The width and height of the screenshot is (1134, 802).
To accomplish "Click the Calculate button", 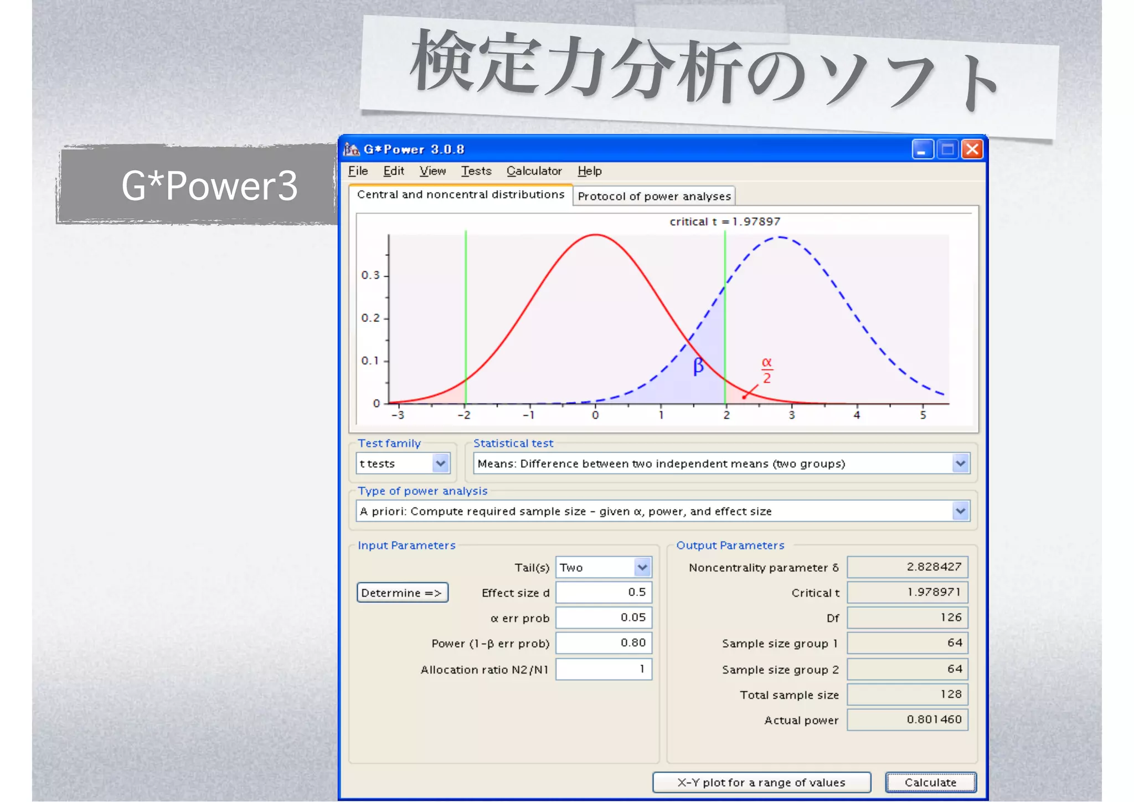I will point(930,782).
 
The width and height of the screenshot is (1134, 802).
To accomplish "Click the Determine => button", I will point(402,593).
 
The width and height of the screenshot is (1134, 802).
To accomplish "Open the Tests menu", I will point(476,171).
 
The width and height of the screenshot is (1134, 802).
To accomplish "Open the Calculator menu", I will point(534,171).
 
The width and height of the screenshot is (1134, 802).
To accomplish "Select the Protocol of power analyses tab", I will point(654,196).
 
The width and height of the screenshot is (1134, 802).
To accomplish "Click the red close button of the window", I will point(972,150).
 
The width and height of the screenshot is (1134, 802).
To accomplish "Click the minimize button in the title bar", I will point(922,150).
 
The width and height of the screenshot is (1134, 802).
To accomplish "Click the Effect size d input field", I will point(604,592).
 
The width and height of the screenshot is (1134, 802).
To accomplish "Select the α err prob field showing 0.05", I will point(604,618).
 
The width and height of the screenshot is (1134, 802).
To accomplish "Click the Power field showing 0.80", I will point(604,643).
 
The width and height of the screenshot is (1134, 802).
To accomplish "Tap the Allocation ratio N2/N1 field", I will point(604,669).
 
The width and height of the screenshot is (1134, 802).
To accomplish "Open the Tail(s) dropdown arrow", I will point(642,567).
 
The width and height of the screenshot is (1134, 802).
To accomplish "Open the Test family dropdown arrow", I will point(441,464).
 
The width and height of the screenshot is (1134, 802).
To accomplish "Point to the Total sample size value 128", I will point(908,695).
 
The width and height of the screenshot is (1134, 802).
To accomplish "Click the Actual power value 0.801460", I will point(908,720).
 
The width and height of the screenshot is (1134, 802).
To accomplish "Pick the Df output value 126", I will point(908,618).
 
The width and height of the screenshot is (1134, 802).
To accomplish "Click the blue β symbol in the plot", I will point(699,366).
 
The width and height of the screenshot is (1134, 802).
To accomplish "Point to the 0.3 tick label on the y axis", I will point(370,275).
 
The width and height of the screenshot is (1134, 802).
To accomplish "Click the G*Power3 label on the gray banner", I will point(209,186).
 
